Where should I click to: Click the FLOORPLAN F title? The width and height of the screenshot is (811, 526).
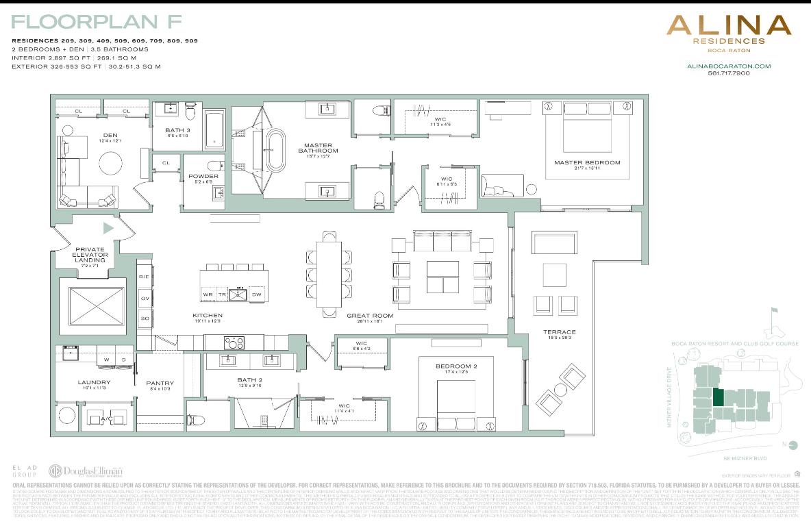(x=91, y=23)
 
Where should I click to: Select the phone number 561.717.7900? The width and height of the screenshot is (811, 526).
(x=729, y=73)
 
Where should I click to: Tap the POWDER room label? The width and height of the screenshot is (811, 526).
(x=203, y=176)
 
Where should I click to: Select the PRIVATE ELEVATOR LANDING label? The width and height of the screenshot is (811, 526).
(x=90, y=255)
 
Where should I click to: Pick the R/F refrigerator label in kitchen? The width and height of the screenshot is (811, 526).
(x=144, y=277)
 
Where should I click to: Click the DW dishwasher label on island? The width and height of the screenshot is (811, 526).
(x=257, y=295)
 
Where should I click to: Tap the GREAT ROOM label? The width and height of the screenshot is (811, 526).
(x=370, y=316)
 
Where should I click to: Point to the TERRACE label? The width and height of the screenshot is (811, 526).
(x=560, y=332)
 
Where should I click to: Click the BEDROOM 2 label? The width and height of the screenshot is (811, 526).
(x=456, y=366)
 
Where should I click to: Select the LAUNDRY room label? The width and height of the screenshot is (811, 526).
(x=90, y=383)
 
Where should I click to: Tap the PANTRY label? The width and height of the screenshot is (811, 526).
(x=160, y=383)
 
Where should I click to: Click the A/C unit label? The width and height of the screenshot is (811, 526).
(x=107, y=418)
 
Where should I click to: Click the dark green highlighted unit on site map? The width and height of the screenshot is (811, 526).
(x=717, y=398)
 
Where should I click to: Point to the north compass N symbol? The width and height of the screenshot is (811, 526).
(x=793, y=445)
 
